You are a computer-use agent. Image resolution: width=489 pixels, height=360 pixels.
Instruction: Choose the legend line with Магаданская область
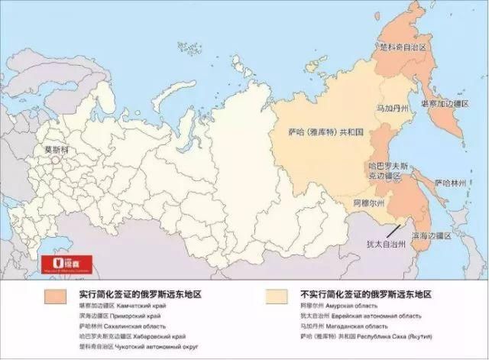(335, 326)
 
